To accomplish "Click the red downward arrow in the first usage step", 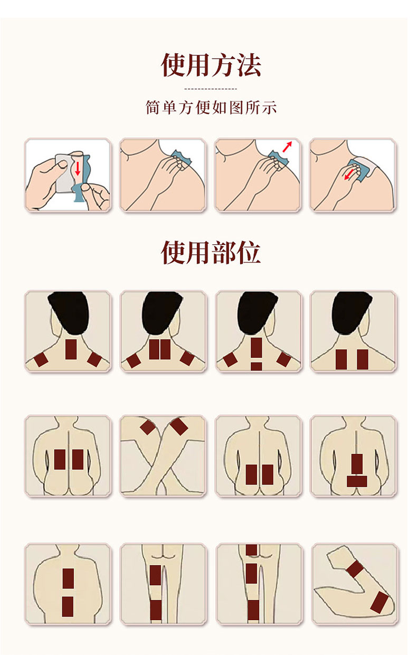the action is pyautogui.click(x=78, y=168).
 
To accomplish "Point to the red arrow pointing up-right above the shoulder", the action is pyautogui.click(x=287, y=147).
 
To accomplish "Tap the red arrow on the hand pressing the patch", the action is pyautogui.click(x=348, y=175).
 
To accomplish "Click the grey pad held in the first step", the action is pyautogui.click(x=63, y=173).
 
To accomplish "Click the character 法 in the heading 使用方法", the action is pyautogui.click(x=249, y=65).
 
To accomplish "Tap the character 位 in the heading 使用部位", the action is pyautogui.click(x=249, y=252).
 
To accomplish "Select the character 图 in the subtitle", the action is pyautogui.click(x=236, y=107).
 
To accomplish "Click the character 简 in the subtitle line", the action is pyautogui.click(x=153, y=107).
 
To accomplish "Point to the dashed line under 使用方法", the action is pyautogui.click(x=211, y=89).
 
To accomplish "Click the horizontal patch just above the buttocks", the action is pyautogui.click(x=357, y=481).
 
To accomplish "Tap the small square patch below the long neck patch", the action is pyautogui.click(x=257, y=366).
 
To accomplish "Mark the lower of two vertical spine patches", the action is pyautogui.click(x=68, y=606).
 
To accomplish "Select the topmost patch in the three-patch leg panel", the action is pyautogui.click(x=251, y=549).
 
